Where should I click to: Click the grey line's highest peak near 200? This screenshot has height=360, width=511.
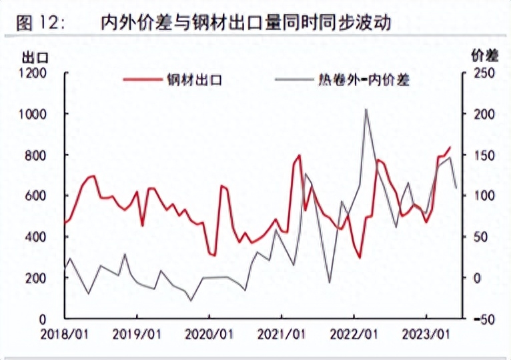tap(366, 109)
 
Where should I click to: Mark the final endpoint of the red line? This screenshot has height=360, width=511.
tap(450, 147)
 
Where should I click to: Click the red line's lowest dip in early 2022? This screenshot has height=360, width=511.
tap(360, 258)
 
